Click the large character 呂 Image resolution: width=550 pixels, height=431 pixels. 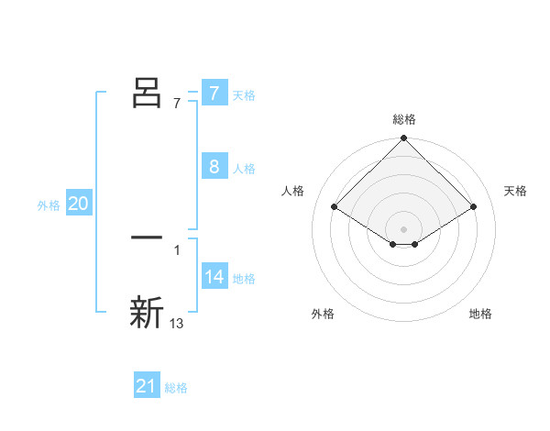pyautogui.click(x=148, y=92)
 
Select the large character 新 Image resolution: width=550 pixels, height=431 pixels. pyautogui.click(x=148, y=312)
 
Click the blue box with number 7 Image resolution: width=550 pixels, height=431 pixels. pyautogui.click(x=214, y=94)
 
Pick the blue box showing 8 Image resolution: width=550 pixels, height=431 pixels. pyautogui.click(x=214, y=167)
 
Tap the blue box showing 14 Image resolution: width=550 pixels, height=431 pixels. pyautogui.click(x=214, y=277)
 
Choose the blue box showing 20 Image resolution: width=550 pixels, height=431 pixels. pyautogui.click(x=79, y=204)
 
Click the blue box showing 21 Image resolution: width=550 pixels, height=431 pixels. pyautogui.click(x=147, y=386)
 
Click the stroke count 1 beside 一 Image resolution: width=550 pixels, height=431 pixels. pyautogui.click(x=176, y=249)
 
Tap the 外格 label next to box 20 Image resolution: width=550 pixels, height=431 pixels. pyautogui.click(x=49, y=205)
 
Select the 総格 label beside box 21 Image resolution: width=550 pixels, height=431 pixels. pyautogui.click(x=176, y=388)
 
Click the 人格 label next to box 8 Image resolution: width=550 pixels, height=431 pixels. pyautogui.click(x=244, y=169)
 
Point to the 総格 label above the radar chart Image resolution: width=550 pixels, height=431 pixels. pyautogui.click(x=404, y=119)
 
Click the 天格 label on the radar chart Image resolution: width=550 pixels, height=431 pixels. pyautogui.click(x=515, y=191)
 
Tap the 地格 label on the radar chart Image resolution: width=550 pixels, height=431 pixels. pyautogui.click(x=480, y=314)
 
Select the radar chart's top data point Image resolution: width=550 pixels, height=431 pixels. pyautogui.click(x=404, y=138)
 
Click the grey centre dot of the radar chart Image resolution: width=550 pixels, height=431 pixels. pyautogui.click(x=404, y=228)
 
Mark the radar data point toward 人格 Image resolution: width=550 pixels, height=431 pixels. pyautogui.click(x=335, y=206)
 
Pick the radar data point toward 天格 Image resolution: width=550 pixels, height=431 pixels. pyautogui.click(x=474, y=206)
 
